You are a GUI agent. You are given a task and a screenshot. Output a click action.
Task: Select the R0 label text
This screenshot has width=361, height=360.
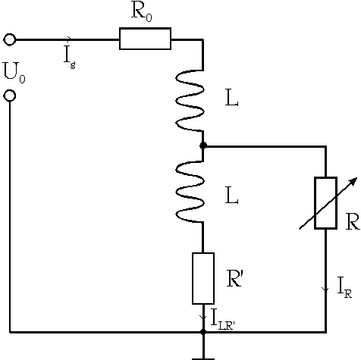point(142,13)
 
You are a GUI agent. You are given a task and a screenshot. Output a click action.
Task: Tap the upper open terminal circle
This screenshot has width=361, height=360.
point(10,39)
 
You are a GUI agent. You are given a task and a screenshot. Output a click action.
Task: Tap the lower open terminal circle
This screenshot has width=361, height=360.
point(10,95)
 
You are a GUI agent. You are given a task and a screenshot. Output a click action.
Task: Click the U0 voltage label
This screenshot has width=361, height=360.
point(14,73)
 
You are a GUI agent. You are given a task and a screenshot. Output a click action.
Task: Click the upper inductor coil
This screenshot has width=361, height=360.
point(190,100)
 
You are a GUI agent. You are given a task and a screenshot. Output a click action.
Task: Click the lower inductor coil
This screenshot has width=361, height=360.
point(190,192)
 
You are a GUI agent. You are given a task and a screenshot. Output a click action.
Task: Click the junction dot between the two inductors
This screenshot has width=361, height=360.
point(203,146)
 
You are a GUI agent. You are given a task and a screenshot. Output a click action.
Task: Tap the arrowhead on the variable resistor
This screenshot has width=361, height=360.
point(353,181)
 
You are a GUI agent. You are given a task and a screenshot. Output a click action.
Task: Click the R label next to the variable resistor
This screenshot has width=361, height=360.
point(353,221)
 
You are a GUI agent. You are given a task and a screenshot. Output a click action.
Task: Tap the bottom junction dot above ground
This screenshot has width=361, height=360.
point(203,332)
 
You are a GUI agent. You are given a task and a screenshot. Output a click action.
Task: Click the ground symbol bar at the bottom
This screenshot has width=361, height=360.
point(203,358)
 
